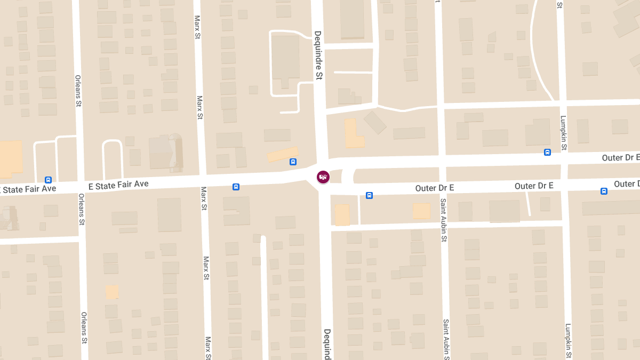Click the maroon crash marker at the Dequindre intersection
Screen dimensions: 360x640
point(323,177)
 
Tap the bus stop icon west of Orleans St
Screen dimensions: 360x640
point(49,180)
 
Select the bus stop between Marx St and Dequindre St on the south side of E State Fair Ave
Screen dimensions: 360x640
point(236,187)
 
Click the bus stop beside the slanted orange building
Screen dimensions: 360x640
point(293,162)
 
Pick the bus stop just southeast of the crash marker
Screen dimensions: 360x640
point(369,195)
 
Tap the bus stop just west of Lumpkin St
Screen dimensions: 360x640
point(547,152)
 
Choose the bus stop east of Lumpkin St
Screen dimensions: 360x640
point(604,191)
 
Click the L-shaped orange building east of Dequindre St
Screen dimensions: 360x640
point(353,134)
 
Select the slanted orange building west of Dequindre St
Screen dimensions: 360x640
point(282,154)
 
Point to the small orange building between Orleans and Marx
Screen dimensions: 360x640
point(112,292)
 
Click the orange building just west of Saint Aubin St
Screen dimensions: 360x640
point(421,211)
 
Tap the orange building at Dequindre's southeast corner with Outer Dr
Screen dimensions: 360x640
point(342,215)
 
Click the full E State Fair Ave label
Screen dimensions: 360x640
point(118,185)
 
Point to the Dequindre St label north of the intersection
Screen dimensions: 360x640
point(318,55)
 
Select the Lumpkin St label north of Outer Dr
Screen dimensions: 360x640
point(564,133)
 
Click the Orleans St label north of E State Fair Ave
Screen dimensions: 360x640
point(78,90)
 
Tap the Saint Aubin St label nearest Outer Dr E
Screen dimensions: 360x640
point(443,220)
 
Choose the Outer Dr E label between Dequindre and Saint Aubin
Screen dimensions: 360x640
point(435,188)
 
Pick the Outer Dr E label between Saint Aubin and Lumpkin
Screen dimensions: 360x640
point(534,186)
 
